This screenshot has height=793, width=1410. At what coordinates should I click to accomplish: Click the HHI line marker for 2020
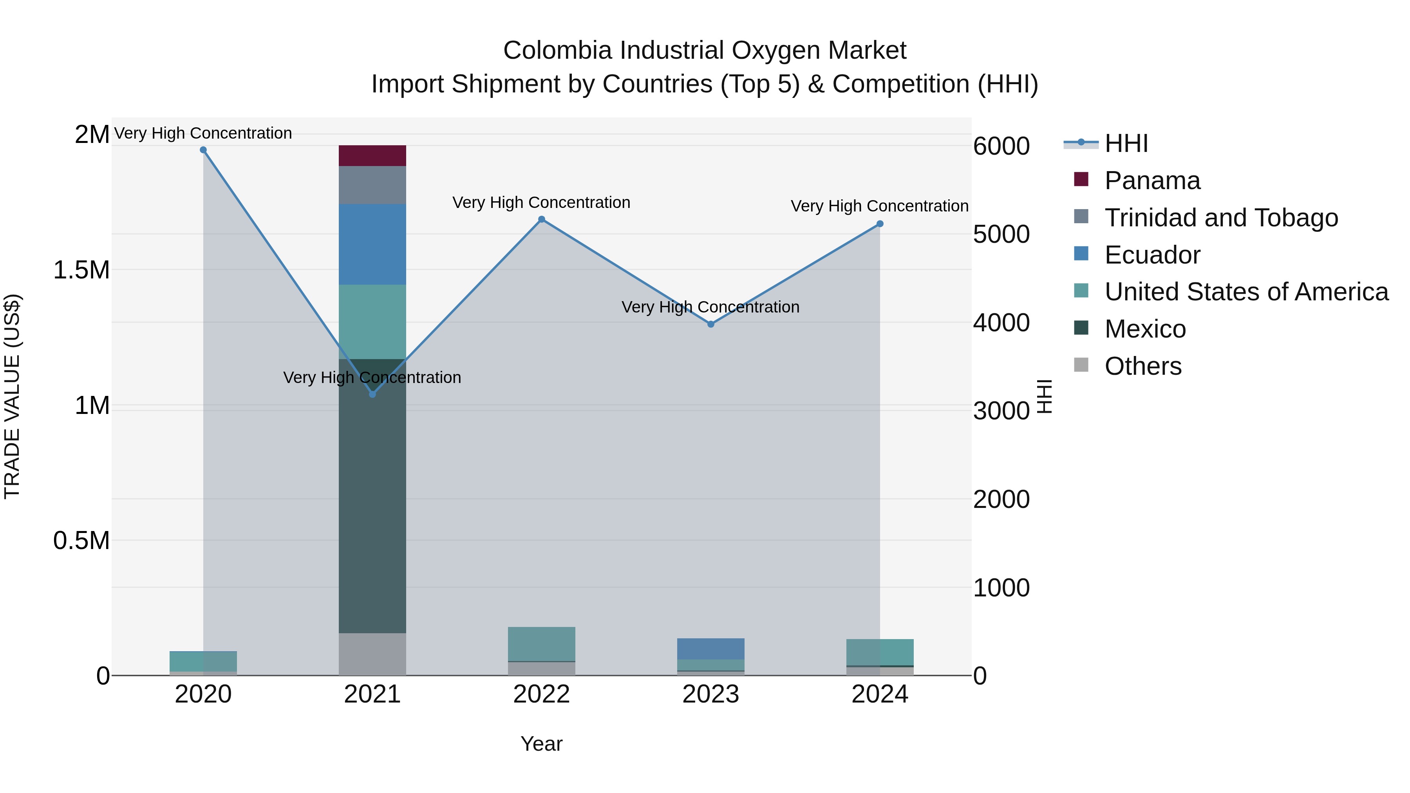203,150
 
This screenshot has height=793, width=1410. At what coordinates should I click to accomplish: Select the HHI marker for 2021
372,394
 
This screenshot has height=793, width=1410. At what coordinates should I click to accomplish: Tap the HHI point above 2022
541,219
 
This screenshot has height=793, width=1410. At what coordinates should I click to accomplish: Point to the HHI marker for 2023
710,324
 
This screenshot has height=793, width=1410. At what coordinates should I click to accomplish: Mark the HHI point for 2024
880,224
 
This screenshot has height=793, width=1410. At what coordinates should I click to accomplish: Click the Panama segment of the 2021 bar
372,156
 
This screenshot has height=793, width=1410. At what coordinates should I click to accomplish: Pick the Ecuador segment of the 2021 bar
372,244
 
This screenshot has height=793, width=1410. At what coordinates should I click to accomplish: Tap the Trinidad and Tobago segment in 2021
372,185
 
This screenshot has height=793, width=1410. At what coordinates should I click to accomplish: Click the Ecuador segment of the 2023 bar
710,648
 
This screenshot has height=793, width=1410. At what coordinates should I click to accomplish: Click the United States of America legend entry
1246,292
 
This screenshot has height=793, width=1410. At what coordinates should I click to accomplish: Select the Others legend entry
1142,366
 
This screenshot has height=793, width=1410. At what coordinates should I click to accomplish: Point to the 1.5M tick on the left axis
81,270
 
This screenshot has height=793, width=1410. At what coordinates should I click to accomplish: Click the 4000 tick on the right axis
1001,323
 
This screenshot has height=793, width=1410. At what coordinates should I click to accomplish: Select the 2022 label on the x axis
541,694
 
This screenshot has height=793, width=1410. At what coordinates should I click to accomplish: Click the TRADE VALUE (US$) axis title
12,396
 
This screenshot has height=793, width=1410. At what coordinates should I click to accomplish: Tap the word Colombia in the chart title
557,51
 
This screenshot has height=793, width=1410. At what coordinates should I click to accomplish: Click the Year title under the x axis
541,744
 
